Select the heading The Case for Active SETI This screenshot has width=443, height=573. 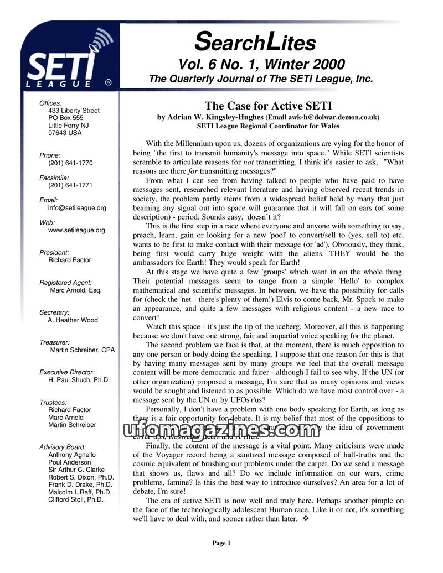[x=268, y=106]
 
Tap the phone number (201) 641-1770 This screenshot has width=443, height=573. [x=70, y=163]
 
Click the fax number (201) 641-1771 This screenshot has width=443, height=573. [x=70, y=185]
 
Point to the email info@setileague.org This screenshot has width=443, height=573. [x=77, y=208]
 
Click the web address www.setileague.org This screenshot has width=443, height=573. [x=76, y=230]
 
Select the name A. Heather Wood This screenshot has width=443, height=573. [x=73, y=320]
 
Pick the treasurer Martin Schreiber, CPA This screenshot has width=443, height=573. [x=83, y=350]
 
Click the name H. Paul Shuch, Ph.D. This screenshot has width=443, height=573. [x=79, y=380]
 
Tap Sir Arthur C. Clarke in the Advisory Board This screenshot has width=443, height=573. [x=76, y=470]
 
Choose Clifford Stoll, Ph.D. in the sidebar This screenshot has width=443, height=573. [x=76, y=499]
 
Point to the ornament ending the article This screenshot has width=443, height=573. [x=306, y=519]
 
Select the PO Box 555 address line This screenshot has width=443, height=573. [x=66, y=118]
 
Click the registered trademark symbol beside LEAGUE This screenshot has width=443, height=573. [x=109, y=82]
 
